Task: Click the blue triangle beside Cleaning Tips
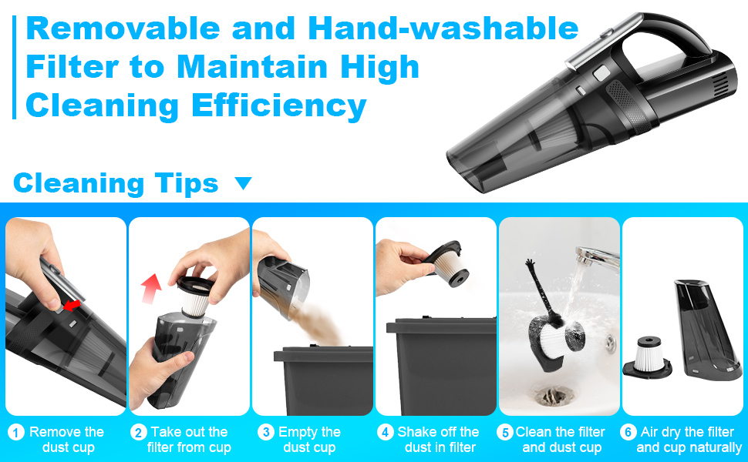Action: (x=243, y=183)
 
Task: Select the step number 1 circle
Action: (x=16, y=433)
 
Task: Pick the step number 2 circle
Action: (x=139, y=433)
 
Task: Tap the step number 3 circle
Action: (x=264, y=433)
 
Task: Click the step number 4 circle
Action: (x=386, y=433)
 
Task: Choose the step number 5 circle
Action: (x=506, y=433)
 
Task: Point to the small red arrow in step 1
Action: (x=71, y=306)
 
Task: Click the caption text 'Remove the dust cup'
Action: (x=66, y=440)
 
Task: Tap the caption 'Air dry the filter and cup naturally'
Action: (x=689, y=440)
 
